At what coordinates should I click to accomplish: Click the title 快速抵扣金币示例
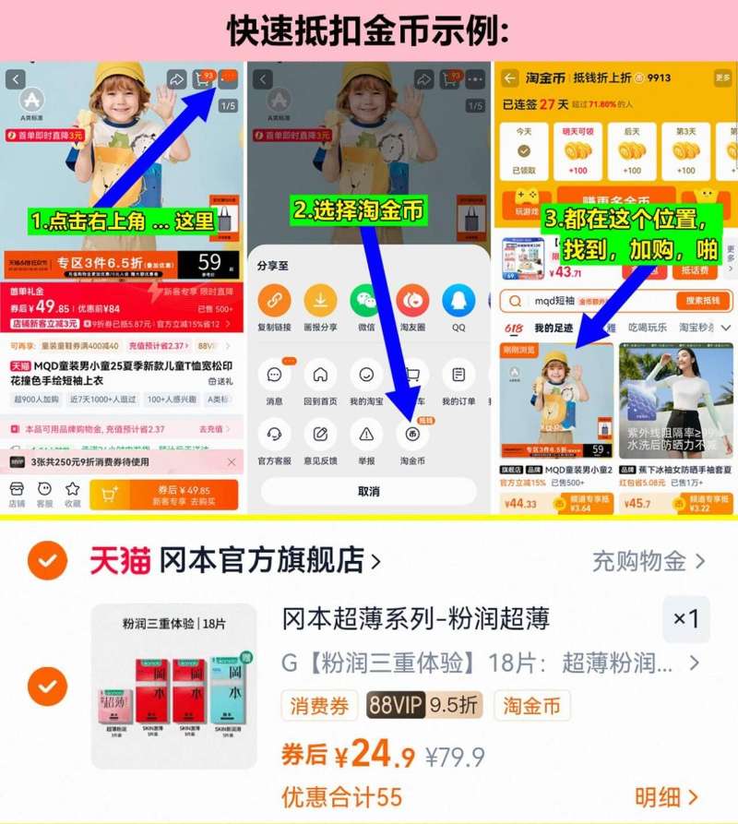369,31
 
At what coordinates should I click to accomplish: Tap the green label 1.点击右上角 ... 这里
123,221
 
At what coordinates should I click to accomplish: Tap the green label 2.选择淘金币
359,210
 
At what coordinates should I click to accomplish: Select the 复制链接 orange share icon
274,301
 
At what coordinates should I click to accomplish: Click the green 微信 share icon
365,301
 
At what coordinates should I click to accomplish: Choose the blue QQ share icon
458,301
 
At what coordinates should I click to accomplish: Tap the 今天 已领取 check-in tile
524,150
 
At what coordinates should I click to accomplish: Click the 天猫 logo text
120,560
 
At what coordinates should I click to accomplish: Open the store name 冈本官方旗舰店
268,560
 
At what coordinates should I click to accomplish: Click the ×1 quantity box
685,619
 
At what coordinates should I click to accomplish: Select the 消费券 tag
320,706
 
